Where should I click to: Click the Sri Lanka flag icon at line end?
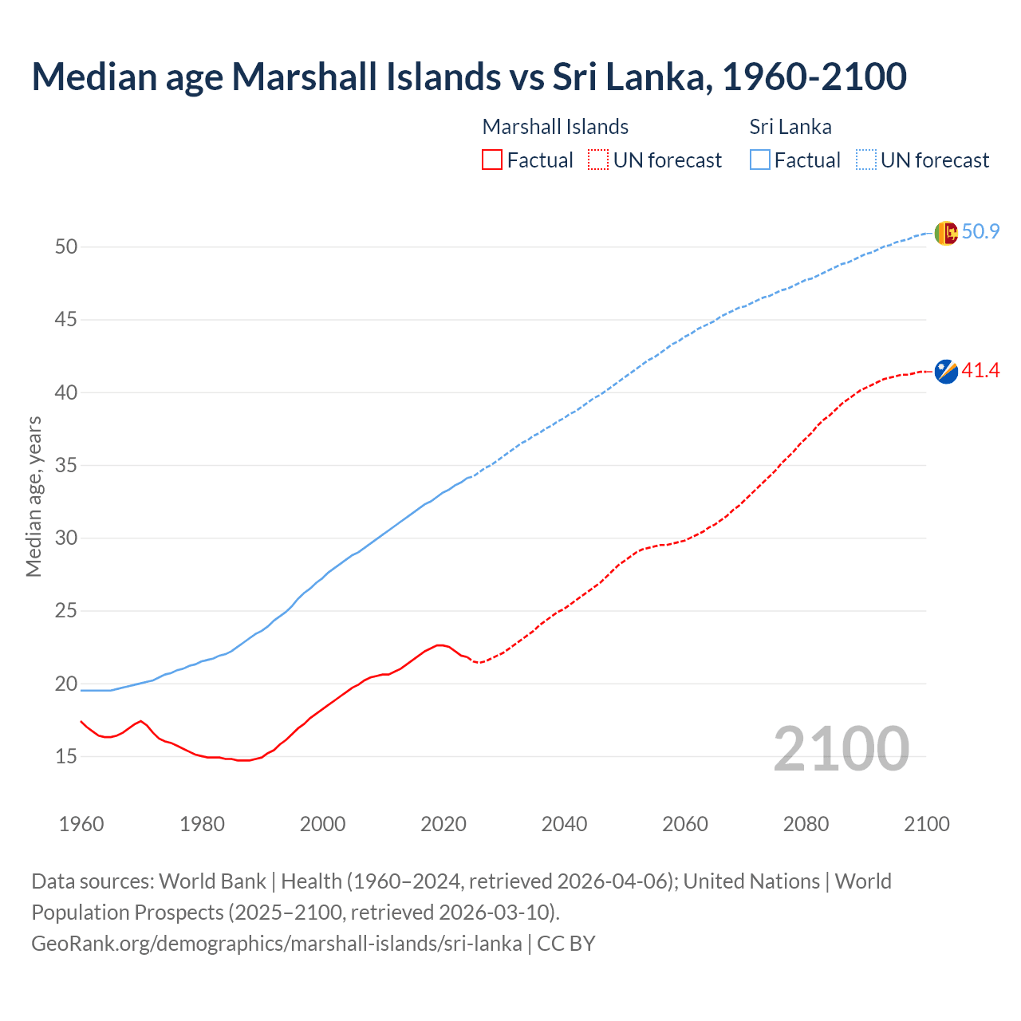(x=946, y=233)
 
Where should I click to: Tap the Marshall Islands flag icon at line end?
(x=946, y=371)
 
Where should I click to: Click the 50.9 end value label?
(x=980, y=232)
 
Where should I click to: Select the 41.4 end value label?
(x=980, y=371)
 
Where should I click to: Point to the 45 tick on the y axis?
(x=66, y=320)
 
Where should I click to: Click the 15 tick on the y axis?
(x=66, y=756)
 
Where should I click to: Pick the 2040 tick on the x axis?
(x=564, y=824)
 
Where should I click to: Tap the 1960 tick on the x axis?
(x=81, y=824)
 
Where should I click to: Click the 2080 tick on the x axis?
(x=806, y=824)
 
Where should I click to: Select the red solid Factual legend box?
(x=492, y=160)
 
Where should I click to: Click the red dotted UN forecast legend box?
(x=598, y=160)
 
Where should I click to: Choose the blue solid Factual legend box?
(x=760, y=160)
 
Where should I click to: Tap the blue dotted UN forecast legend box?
(x=866, y=160)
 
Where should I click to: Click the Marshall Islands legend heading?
(x=555, y=127)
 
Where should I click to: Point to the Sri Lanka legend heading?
(x=790, y=127)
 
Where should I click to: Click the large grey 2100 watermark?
(x=841, y=748)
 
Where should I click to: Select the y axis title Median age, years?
(x=34, y=496)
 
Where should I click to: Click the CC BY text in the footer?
(x=566, y=944)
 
